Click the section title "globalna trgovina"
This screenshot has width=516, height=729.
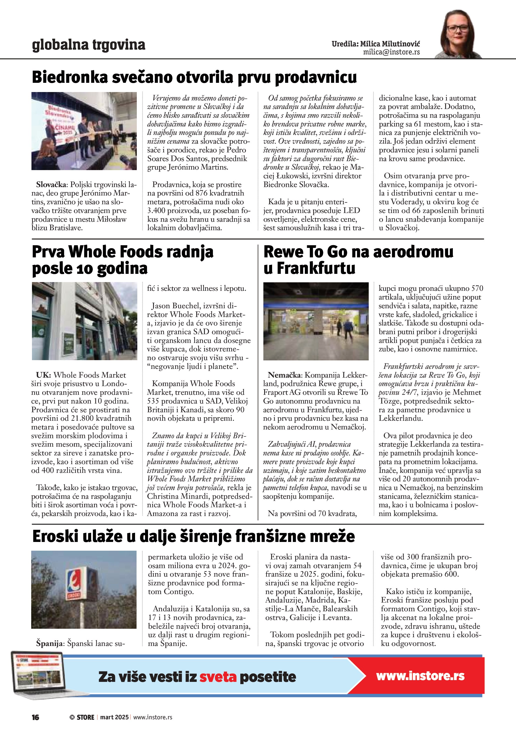[89, 45]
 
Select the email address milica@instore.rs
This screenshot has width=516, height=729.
[391, 52]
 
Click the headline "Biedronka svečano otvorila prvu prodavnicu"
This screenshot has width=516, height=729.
[194, 77]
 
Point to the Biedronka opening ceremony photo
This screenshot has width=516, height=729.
[84, 131]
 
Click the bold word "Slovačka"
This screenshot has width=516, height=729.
[56, 185]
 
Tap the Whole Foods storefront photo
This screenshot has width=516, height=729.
[84, 321]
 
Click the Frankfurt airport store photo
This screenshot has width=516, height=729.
[316, 321]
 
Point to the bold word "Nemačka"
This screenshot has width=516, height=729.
[284, 375]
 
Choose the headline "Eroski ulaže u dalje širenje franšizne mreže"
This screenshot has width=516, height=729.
[193, 537]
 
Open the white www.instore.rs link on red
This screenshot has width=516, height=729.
[420, 676]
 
